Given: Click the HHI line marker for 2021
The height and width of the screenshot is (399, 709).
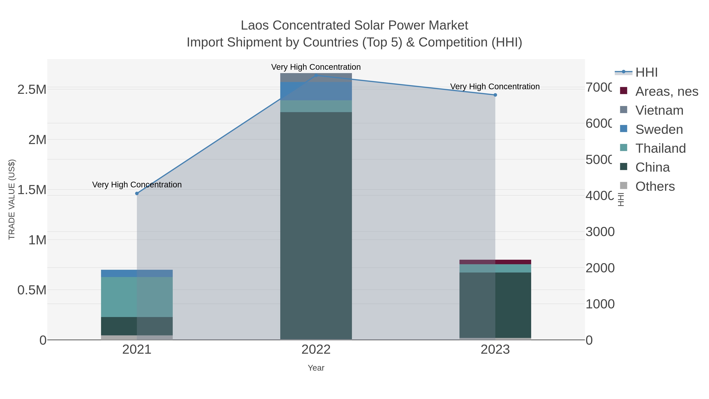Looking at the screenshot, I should (x=137, y=193).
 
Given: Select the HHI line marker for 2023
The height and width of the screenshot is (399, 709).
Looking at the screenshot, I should (x=495, y=95).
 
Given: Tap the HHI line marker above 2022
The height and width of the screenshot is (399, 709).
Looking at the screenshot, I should (x=316, y=75).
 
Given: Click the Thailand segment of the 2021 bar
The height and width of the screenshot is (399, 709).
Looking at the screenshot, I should (x=137, y=297).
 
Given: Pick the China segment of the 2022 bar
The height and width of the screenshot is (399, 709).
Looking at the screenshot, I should (x=316, y=226).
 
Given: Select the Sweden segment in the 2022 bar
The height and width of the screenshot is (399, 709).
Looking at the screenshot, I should (x=316, y=91).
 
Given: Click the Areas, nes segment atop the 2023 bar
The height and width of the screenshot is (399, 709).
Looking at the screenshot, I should (x=495, y=262).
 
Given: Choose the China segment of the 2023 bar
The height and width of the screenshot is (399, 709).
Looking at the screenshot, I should (x=495, y=305).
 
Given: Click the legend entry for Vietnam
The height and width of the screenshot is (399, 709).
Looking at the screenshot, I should (x=659, y=110).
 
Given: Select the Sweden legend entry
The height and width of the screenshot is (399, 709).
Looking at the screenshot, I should (x=659, y=129).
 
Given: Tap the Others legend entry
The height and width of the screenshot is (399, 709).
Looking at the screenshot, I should (x=655, y=186).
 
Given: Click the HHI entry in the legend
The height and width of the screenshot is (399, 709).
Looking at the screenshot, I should (x=646, y=73).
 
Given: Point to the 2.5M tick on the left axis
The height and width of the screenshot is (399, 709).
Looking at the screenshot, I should (x=32, y=89).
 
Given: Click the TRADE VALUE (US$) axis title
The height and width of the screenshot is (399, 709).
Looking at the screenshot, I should (x=12, y=199).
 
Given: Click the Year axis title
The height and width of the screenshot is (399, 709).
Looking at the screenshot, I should (x=316, y=368).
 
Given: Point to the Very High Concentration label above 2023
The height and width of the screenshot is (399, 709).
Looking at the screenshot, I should (x=495, y=86).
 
